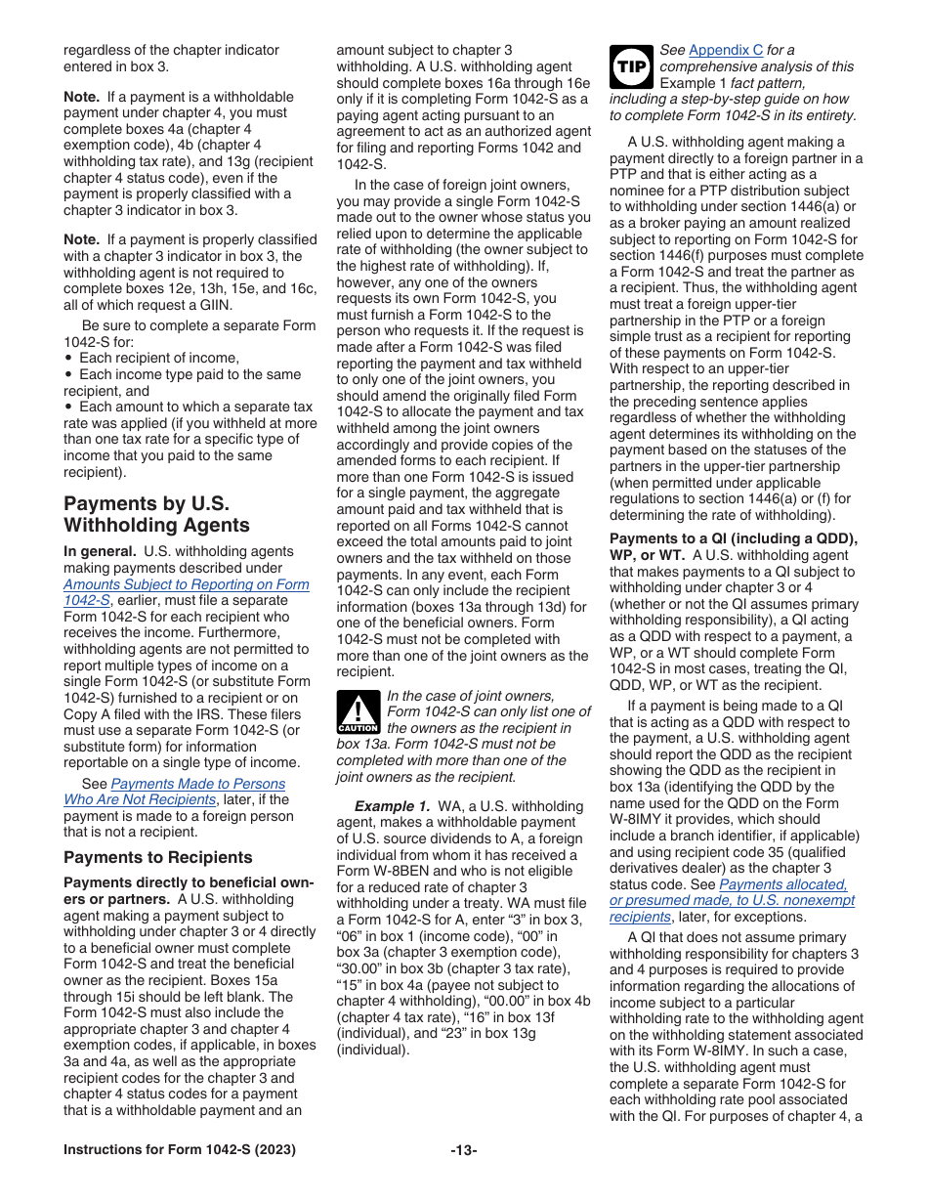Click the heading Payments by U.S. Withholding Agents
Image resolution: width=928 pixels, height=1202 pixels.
click(x=156, y=514)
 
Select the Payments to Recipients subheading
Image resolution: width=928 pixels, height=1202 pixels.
click(x=157, y=857)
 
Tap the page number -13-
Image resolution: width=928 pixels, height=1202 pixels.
click(x=464, y=1150)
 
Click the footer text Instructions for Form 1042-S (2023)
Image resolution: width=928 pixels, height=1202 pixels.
click(x=179, y=1150)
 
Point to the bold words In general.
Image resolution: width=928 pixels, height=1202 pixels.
click(x=100, y=551)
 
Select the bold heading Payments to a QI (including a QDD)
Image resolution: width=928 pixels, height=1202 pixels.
click(x=733, y=539)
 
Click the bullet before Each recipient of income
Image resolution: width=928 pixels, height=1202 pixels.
click(x=67, y=359)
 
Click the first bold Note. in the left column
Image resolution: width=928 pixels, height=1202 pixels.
click(x=81, y=97)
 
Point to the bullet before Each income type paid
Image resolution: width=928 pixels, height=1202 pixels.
click(x=67, y=374)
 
